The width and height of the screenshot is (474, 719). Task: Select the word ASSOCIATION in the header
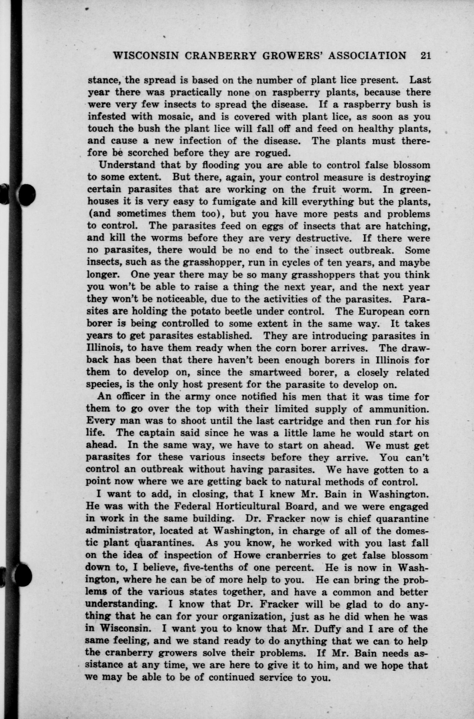[x=367, y=56]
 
